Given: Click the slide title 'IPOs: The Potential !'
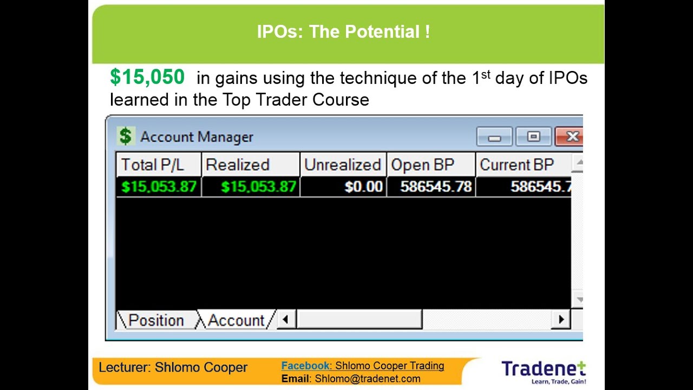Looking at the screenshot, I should click(x=343, y=32).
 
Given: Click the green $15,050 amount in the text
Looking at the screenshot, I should click(x=147, y=77).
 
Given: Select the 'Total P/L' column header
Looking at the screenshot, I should click(x=153, y=165).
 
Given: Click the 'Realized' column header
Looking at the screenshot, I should click(x=238, y=165).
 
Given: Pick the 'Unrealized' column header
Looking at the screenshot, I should click(x=342, y=165).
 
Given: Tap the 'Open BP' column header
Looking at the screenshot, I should click(x=423, y=165).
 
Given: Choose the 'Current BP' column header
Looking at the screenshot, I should click(x=517, y=165).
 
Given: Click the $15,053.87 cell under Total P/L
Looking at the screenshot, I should click(x=159, y=187).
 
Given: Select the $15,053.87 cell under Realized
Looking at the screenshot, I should click(x=259, y=187).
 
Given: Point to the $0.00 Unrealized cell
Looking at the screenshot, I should click(x=363, y=187).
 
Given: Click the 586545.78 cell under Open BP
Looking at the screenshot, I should click(x=436, y=187).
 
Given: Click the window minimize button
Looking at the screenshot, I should click(x=494, y=137).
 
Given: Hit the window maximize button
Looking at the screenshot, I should click(x=533, y=137).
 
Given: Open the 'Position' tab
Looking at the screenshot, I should click(x=156, y=320).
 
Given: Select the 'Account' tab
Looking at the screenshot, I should click(x=236, y=320).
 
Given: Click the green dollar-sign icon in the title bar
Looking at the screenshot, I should click(x=126, y=136).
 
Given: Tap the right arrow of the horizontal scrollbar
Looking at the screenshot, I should click(x=561, y=320).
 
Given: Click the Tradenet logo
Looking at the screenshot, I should click(x=543, y=370).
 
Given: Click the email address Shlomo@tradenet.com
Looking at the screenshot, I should click(x=368, y=379).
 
